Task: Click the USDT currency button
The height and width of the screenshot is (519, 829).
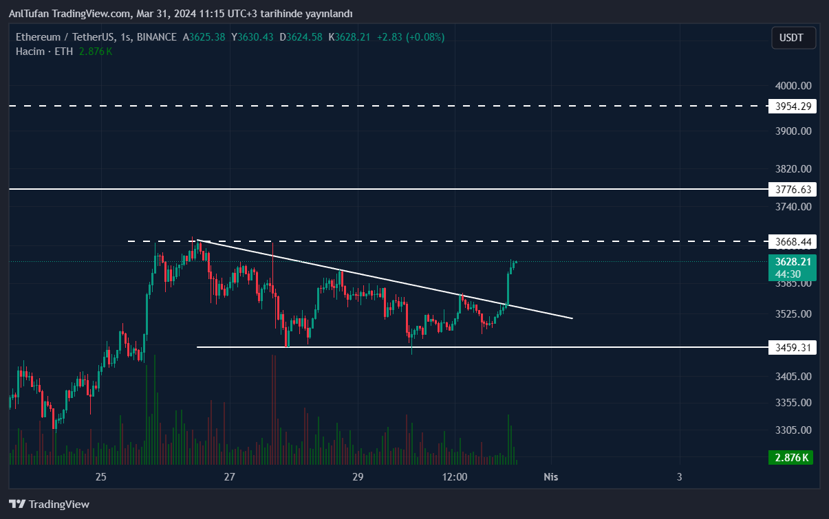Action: click(791, 38)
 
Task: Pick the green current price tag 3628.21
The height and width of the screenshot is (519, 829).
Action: click(792, 262)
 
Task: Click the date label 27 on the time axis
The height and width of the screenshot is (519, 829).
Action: click(230, 477)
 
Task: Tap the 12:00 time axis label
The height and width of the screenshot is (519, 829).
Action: click(455, 477)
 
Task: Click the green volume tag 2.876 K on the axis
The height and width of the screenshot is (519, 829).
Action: click(791, 457)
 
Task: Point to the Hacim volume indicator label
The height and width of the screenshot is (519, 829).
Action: click(30, 52)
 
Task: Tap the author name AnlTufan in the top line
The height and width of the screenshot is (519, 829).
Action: click(29, 14)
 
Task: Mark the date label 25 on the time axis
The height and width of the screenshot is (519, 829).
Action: click(101, 477)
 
